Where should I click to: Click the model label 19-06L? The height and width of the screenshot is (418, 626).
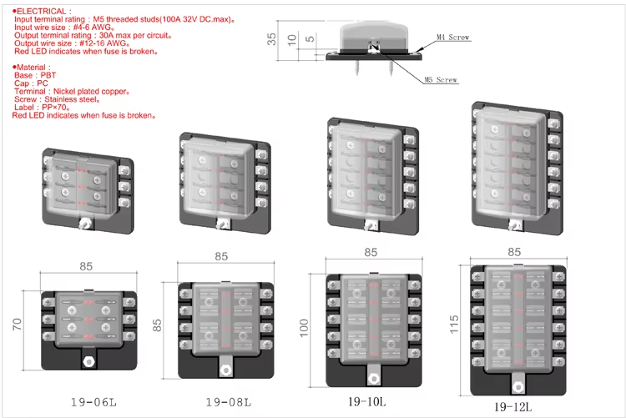pos(93,402)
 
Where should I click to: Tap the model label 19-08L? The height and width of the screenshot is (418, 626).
pos(229,402)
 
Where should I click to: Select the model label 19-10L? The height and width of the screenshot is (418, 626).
pos(367,401)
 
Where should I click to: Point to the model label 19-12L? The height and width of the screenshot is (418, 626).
pos(513,407)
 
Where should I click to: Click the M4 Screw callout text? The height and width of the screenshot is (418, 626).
pos(452,38)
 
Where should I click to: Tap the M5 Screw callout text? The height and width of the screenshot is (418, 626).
pos(441,80)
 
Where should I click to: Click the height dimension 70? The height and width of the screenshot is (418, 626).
pos(18,324)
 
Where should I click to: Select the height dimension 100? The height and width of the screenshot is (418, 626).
pos(304,328)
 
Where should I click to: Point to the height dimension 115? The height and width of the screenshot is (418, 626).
pos(454,325)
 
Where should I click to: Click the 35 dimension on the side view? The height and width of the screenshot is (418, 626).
pos(271,39)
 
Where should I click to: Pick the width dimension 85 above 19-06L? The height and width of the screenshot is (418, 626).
pos(86,266)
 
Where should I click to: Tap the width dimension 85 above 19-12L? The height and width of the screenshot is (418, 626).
pos(514,252)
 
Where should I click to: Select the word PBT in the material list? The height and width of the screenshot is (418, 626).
pos(48,75)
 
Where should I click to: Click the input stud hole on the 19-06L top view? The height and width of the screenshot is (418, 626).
pos(88,361)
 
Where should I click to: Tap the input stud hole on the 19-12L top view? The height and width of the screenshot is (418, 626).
pos(517,387)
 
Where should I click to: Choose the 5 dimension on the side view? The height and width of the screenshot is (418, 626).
pos(310,38)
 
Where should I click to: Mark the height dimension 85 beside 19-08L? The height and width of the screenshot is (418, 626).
pos(157,325)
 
